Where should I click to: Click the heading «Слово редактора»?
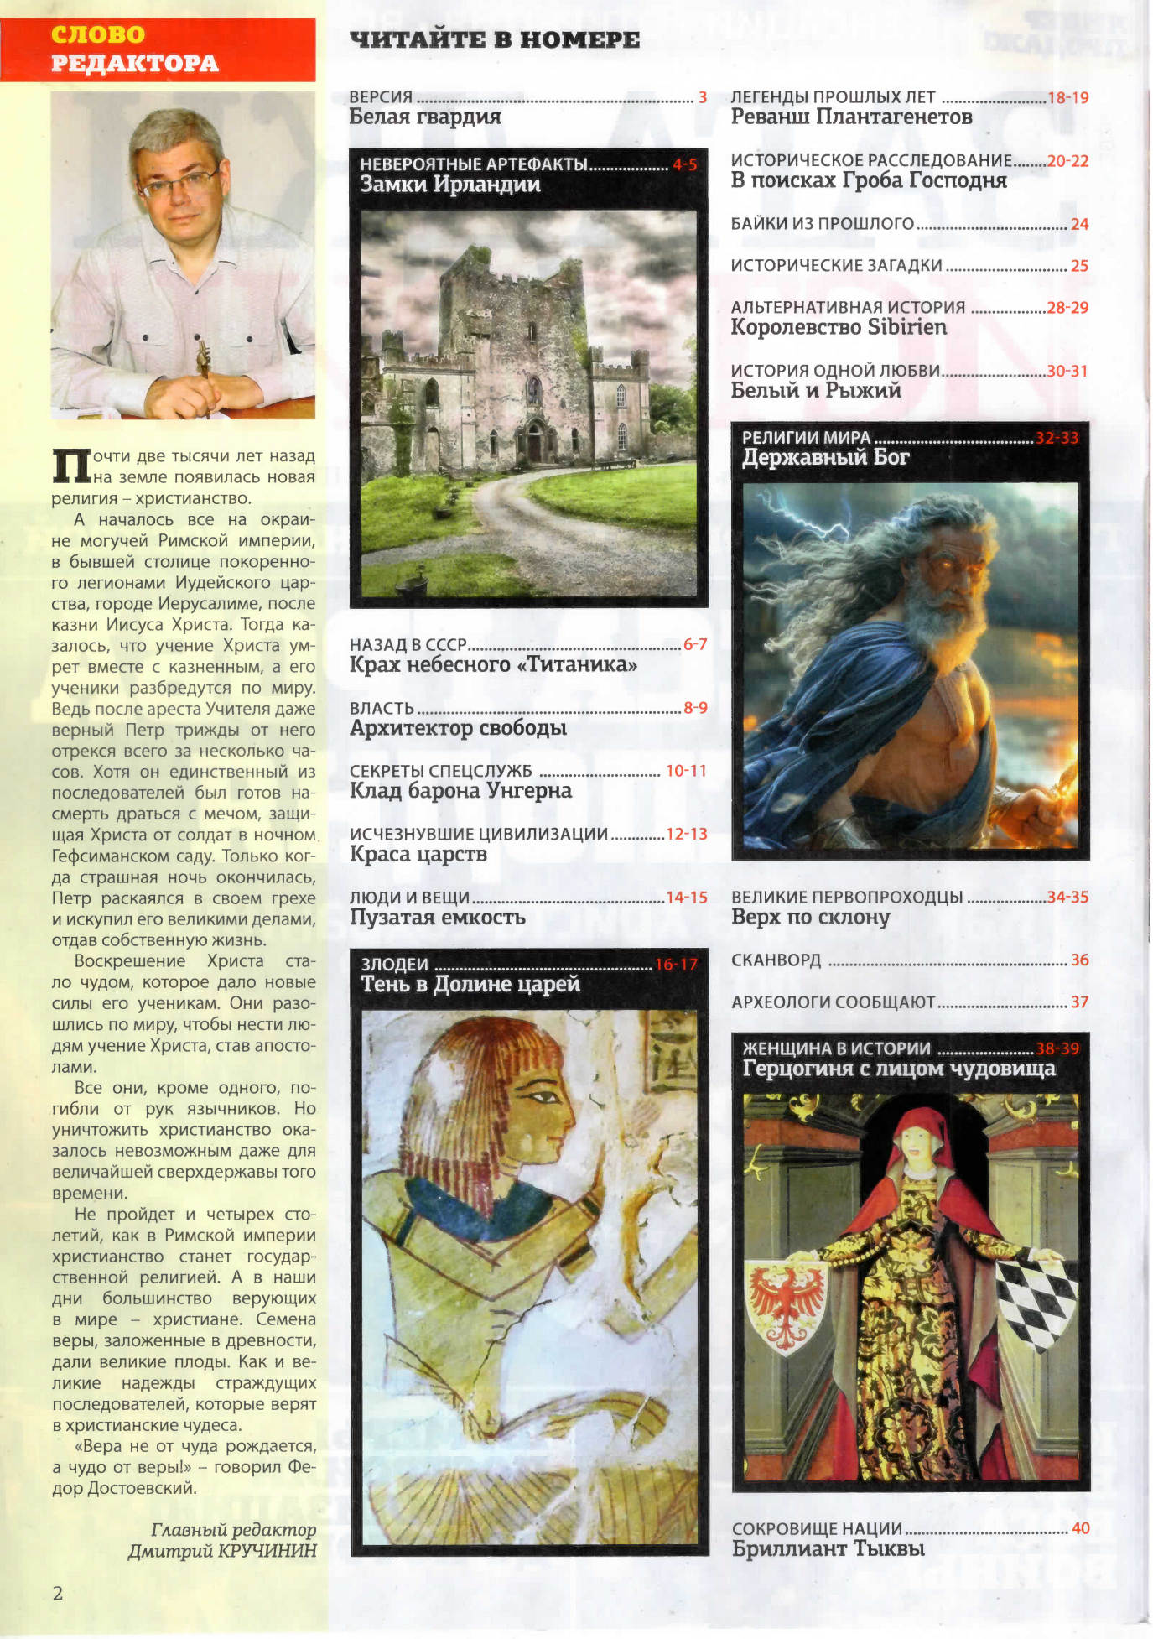tap(134, 49)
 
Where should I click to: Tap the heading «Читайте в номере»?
tap(494, 39)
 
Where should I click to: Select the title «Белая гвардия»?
tap(425, 117)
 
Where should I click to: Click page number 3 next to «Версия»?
tap(703, 97)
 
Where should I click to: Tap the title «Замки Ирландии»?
tap(450, 185)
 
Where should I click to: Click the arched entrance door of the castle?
tap(533, 442)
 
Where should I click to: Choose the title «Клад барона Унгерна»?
tap(460, 791)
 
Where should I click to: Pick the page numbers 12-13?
tap(687, 834)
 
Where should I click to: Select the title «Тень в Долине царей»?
tap(470, 985)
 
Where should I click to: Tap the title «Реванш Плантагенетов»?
tap(851, 117)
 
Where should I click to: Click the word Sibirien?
tap(906, 327)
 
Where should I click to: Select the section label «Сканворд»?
tap(776, 960)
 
